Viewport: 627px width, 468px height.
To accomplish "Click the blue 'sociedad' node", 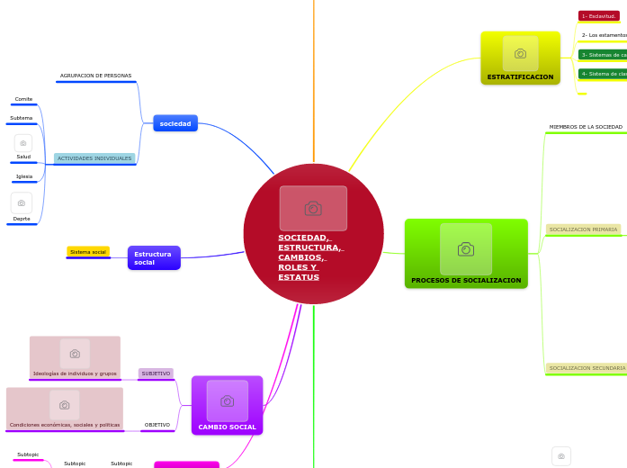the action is pyautogui.click(x=175, y=123).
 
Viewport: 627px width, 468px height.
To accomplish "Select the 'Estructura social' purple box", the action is pyautogui.click(x=154, y=258).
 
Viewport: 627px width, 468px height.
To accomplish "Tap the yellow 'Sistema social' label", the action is pyautogui.click(x=88, y=252).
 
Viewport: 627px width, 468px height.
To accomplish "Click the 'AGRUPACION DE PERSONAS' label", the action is pyautogui.click(x=95, y=76).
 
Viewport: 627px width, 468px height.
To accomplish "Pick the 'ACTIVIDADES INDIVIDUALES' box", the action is pyautogui.click(x=94, y=158).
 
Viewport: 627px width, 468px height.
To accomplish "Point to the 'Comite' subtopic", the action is pyautogui.click(x=24, y=99).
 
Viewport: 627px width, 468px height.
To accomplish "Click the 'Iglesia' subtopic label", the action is pyautogui.click(x=24, y=176).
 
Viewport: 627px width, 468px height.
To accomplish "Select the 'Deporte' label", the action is pyautogui.click(x=22, y=219).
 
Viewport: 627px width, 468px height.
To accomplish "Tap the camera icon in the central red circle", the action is pyautogui.click(x=313, y=209).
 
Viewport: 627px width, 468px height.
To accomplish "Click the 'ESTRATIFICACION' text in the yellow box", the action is pyautogui.click(x=520, y=77).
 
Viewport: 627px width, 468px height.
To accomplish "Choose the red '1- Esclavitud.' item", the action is pyautogui.click(x=599, y=16).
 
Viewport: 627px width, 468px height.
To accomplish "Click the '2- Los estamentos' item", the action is pyautogui.click(x=604, y=35).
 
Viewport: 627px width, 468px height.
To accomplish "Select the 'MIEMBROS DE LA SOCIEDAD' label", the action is pyautogui.click(x=586, y=127).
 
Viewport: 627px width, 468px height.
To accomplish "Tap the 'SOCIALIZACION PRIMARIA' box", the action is pyautogui.click(x=583, y=229).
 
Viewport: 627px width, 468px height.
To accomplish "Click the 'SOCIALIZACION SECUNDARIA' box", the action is pyautogui.click(x=587, y=368).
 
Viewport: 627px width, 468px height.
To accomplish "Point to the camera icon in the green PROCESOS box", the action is pyautogui.click(x=466, y=249).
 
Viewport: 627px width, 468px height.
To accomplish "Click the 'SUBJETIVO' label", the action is pyautogui.click(x=156, y=373).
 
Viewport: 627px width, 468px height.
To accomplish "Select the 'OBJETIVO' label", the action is pyautogui.click(x=157, y=425).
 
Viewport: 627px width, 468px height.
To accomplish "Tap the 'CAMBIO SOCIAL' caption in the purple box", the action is pyautogui.click(x=227, y=427).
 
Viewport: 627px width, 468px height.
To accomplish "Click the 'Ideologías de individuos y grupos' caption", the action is pyautogui.click(x=75, y=373).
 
